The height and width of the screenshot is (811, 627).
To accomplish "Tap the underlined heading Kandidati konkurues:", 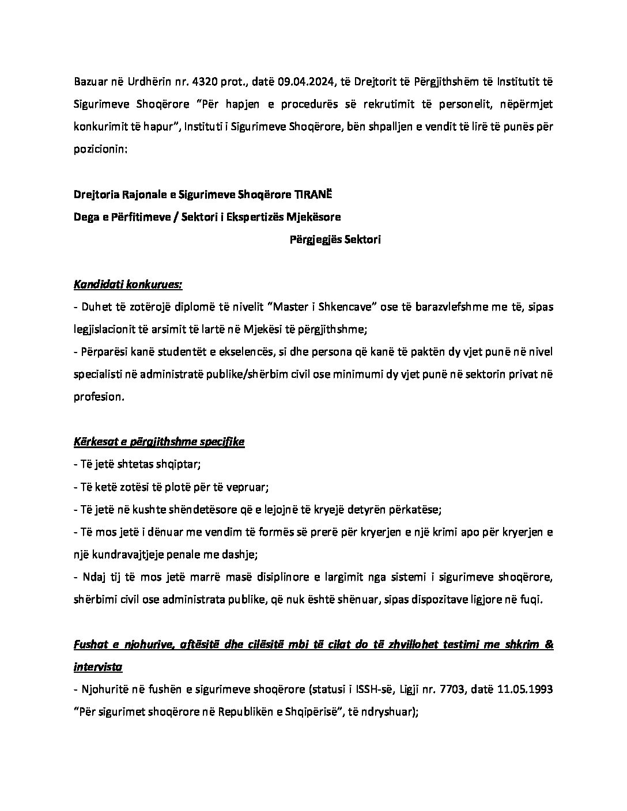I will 128,285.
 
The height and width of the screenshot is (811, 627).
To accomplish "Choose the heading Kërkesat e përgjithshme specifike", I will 159,442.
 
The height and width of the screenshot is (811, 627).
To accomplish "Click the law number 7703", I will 451,689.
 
